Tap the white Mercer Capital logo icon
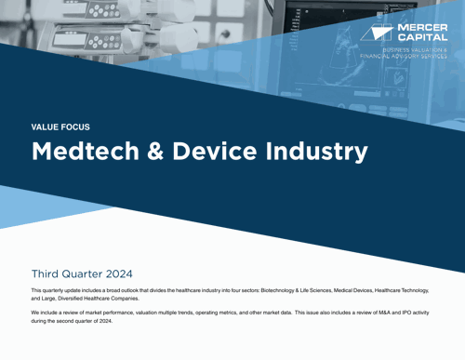point(382,33)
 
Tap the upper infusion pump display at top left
point(93,14)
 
